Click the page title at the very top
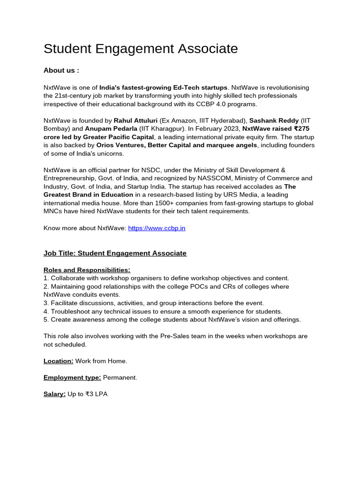(x=141, y=49)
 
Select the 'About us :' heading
(x=61, y=70)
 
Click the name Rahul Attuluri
(x=135, y=120)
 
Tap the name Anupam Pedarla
(x=111, y=129)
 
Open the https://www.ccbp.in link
(x=157, y=228)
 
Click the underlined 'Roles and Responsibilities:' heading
(x=87, y=270)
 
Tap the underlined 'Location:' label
(x=59, y=361)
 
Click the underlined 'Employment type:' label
(x=72, y=377)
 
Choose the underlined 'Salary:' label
(x=54, y=394)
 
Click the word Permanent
(x=120, y=377)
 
